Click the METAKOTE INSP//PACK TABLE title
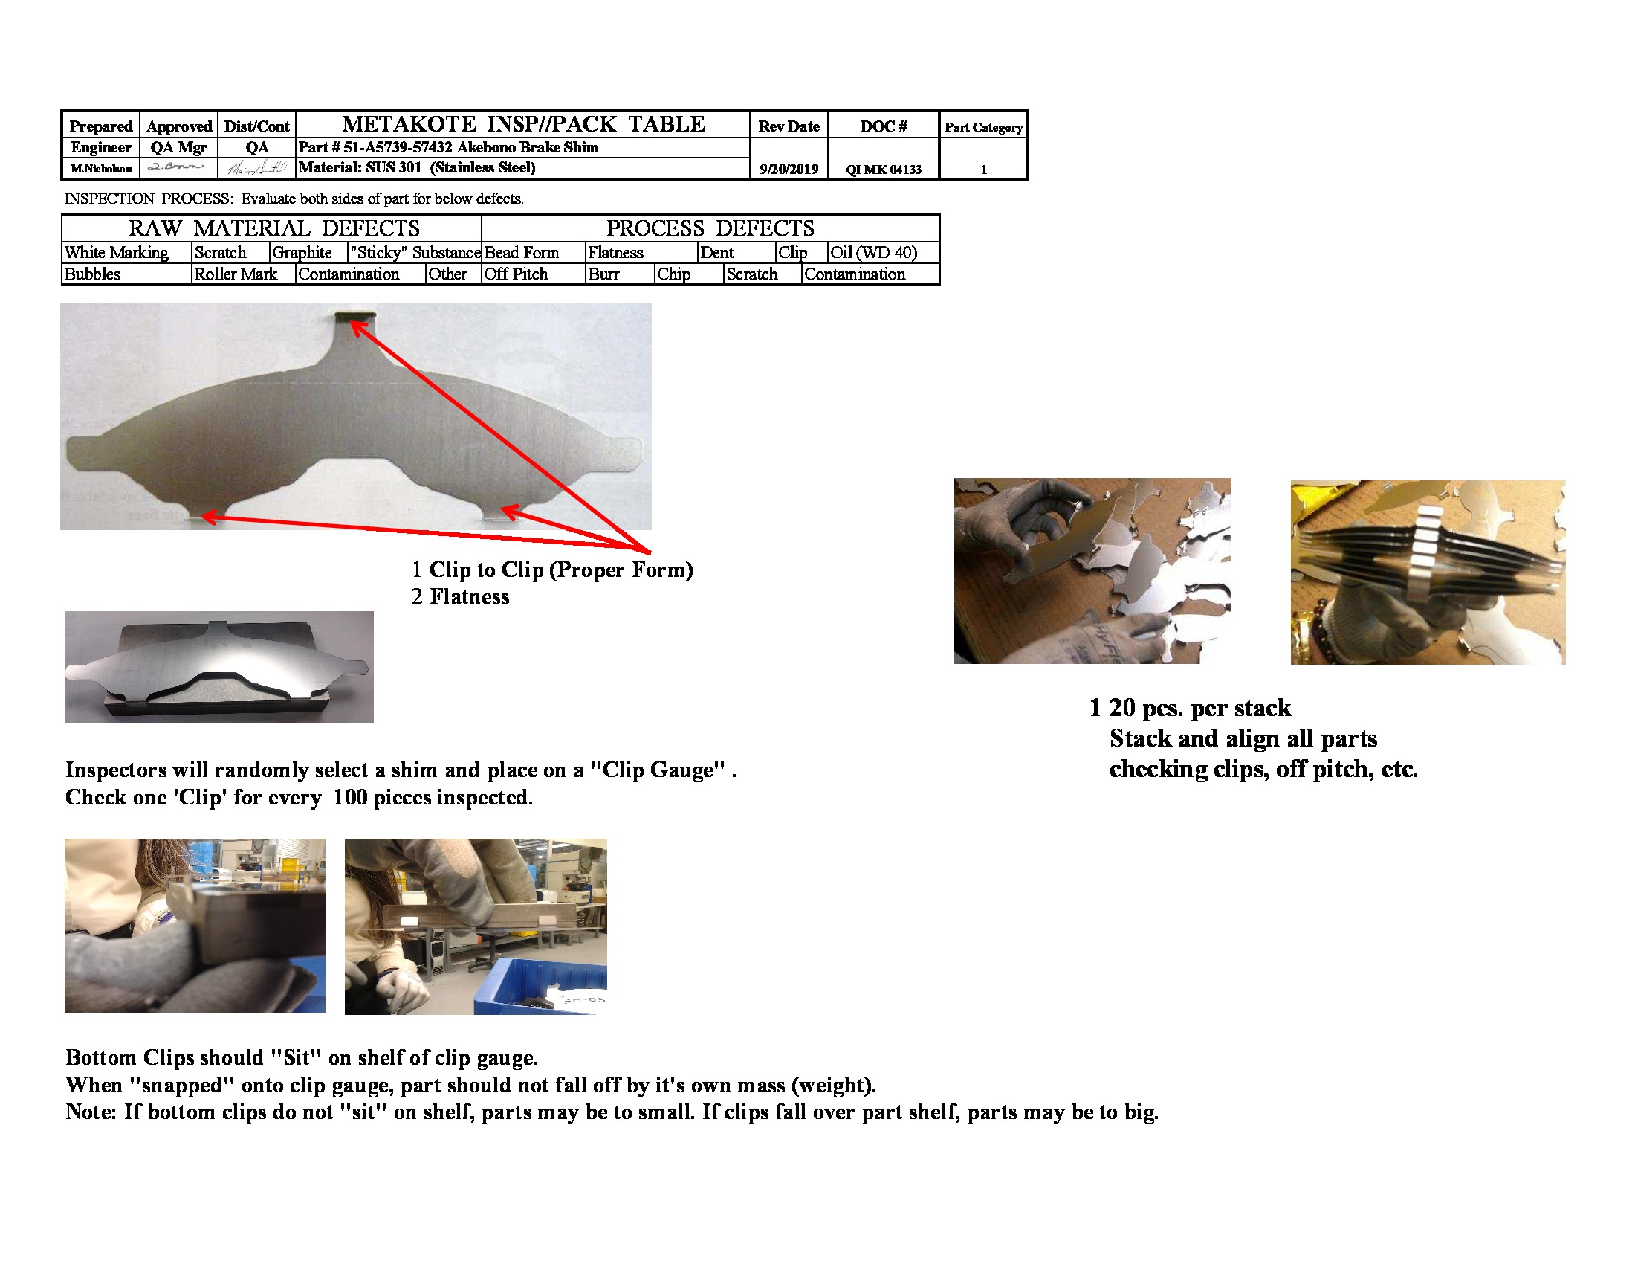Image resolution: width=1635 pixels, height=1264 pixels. [523, 123]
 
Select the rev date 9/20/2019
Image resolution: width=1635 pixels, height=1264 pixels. [789, 170]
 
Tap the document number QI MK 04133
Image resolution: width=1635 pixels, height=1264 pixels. [884, 170]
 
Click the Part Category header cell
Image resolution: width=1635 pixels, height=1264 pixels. [983, 127]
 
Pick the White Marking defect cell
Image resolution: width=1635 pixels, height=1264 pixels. [117, 253]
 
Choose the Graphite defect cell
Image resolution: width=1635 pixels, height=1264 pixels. [302, 253]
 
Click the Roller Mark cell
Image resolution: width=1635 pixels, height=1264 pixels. [235, 274]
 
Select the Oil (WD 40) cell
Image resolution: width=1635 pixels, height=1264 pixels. [874, 253]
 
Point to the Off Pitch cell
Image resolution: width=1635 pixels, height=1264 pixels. [516, 274]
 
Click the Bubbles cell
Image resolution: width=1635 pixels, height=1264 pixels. [93, 274]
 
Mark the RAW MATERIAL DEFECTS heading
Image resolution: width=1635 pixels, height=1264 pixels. [274, 228]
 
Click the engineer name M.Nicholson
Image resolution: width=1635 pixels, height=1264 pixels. [101, 170]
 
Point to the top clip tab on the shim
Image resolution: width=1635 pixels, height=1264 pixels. [354, 317]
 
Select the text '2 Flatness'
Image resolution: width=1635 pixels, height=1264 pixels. [461, 597]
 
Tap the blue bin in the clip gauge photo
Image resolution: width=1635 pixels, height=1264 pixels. [539, 982]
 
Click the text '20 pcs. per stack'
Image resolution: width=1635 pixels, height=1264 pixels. [1199, 708]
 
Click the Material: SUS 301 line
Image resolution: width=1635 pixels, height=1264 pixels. [417, 168]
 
